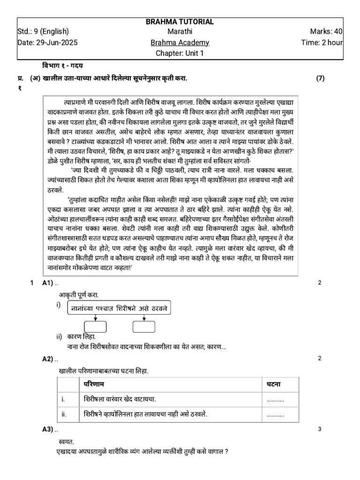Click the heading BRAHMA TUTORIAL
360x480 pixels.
pos(180,22)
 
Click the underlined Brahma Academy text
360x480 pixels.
pos(180,43)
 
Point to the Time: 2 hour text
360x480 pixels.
pos(322,43)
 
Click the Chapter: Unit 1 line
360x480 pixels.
pos(180,53)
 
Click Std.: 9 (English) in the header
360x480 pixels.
pos(43,32)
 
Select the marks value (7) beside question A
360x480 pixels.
pos(320,78)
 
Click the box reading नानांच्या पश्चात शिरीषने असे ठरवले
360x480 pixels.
pos(120,309)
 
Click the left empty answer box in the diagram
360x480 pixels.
pos(95,327)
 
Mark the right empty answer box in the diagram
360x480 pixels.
pos(144,327)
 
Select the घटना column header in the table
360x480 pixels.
pos(274,384)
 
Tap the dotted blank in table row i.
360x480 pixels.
pos(275,399)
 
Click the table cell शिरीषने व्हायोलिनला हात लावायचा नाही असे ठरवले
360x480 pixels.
pos(146,414)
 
